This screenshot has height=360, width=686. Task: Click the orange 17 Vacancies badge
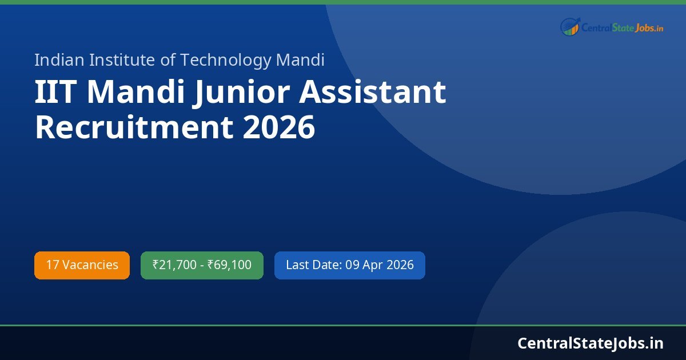pos(82,265)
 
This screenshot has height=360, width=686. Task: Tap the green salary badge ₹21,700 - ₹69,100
pos(202,265)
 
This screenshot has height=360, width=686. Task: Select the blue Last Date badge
pos(349,265)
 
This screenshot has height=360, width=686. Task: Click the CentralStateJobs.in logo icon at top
pos(570,26)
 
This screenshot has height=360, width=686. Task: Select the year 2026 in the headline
pos(279,127)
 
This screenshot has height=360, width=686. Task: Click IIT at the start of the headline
pos(54,93)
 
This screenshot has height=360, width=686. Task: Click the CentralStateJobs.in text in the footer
pos(591,343)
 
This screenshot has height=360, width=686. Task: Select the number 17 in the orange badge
pos(52,265)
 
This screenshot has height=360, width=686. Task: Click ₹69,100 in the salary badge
pos(229,265)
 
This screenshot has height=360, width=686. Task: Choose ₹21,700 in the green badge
pos(174,265)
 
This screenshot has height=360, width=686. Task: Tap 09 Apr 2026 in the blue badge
pos(380,265)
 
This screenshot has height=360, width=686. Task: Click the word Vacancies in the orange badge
pos(90,265)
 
